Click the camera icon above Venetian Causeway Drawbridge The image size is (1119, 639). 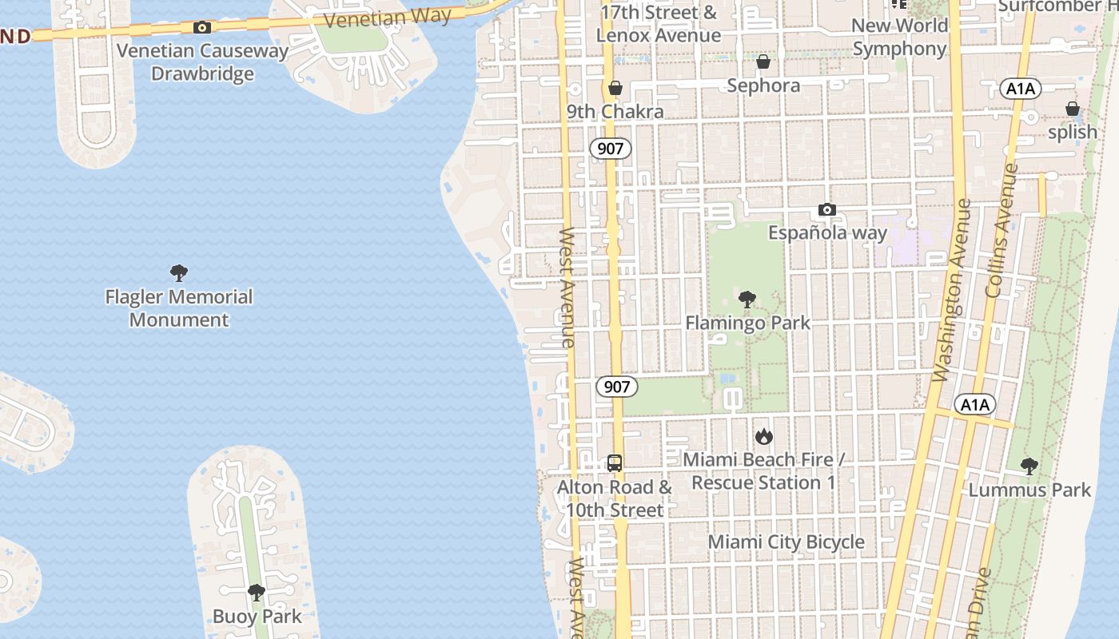point(202,28)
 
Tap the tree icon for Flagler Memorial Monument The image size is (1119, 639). point(179,273)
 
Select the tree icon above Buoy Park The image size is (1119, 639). point(257,593)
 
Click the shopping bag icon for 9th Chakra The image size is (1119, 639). point(615,88)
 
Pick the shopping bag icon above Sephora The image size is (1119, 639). point(763,62)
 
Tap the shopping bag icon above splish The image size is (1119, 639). point(1072,109)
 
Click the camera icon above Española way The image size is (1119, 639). point(827,210)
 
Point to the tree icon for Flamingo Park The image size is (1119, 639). point(747,300)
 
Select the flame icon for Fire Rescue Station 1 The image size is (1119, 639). point(764,436)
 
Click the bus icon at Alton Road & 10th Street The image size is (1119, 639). point(614,463)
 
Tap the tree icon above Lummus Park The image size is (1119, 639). point(1029,466)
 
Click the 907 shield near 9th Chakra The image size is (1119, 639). point(611,149)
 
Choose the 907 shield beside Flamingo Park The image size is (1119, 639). point(617,387)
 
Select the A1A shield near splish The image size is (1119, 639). point(1020,89)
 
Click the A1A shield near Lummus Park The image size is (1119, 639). point(975,405)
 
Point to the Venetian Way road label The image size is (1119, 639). point(388,18)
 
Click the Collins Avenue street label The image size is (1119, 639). point(1002,231)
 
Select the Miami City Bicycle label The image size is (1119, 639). point(786,542)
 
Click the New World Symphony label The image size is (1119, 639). point(899,37)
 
